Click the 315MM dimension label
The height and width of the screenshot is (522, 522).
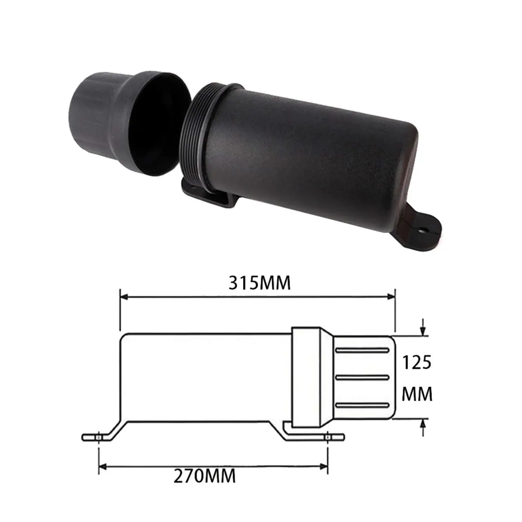tap(259, 283)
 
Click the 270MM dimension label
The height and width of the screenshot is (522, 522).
tap(205, 476)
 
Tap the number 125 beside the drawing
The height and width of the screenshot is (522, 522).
tap(417, 362)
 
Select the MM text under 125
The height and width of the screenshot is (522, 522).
tap(417, 394)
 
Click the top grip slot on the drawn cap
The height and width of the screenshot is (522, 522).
tap(362, 350)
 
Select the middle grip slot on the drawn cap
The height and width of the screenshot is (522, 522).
tap(362, 377)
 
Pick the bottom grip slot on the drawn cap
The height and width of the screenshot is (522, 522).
tap(362, 405)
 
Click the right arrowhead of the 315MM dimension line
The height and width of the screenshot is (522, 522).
tap(391, 297)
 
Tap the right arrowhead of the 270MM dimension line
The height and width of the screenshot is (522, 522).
tap(324, 467)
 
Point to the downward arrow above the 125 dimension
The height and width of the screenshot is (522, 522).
tap(423, 330)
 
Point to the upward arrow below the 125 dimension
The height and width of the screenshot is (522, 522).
tap(423, 424)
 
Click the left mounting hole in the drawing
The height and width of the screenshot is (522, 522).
tap(99, 437)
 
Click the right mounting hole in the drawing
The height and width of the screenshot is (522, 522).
tap(328, 437)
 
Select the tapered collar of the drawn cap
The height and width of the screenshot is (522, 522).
tap(326, 377)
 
